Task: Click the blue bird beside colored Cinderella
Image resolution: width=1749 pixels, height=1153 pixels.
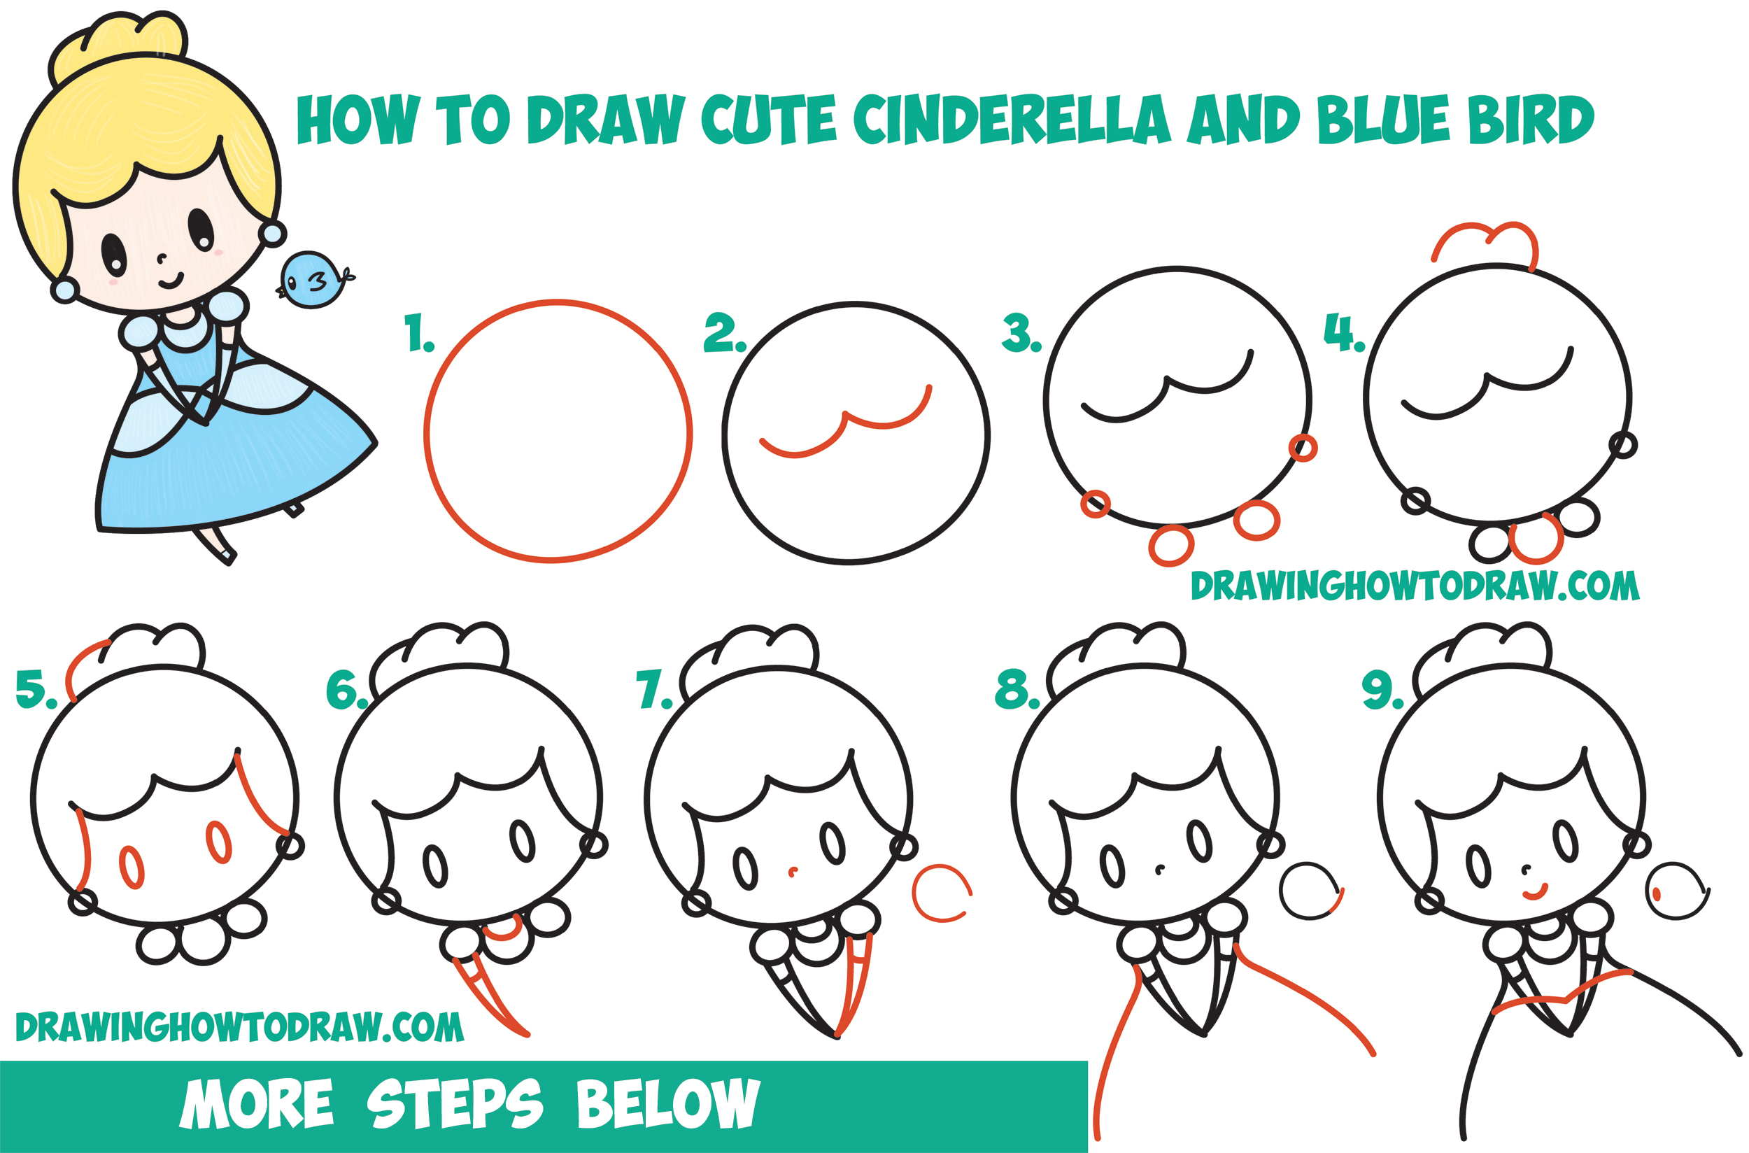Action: click(x=314, y=279)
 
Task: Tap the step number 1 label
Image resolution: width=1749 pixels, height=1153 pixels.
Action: click(x=418, y=333)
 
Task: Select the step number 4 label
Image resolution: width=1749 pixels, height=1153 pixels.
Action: click(x=1344, y=333)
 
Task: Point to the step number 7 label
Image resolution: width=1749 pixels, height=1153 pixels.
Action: click(x=653, y=690)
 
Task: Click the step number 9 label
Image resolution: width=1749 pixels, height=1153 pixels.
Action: click(x=1382, y=691)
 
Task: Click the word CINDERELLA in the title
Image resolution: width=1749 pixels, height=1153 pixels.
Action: click(x=1011, y=119)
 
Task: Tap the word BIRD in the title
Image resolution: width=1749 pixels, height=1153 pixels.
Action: click(x=1531, y=119)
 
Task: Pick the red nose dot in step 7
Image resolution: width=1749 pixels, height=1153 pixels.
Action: click(x=792, y=872)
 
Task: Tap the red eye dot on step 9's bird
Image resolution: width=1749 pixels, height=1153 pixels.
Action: click(x=1657, y=893)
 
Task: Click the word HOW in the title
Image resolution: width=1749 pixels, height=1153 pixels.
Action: click(x=359, y=119)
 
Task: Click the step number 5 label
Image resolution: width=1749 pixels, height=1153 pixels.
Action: click(x=35, y=691)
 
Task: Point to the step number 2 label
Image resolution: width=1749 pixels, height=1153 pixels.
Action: click(x=724, y=333)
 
